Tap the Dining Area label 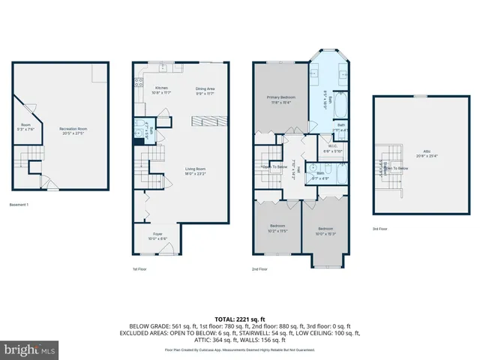[x=205, y=90]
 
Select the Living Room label [x=196, y=171]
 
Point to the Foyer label [x=157, y=236]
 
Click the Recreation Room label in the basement [x=73, y=131]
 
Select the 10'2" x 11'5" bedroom [x=277, y=229]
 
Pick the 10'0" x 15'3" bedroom [x=325, y=230]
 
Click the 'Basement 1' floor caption [x=19, y=205]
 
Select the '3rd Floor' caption [x=379, y=229]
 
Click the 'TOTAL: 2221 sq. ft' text [x=240, y=319]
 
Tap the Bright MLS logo [x=30, y=349]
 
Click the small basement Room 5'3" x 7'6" [x=25, y=126]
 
